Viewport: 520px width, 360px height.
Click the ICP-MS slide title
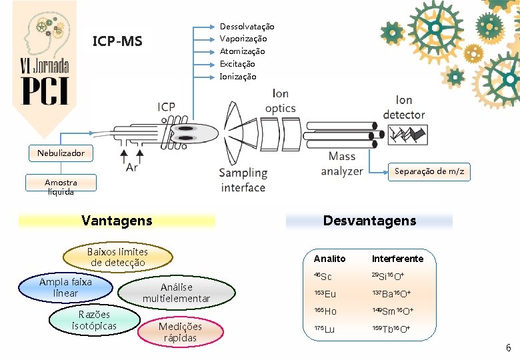point(117,42)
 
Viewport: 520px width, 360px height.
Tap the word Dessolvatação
point(247,26)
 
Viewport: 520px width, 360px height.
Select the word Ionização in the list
point(238,77)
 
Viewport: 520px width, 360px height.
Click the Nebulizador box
point(61,153)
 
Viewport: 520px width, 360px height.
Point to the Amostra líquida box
point(61,187)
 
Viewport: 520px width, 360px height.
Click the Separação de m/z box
point(429,171)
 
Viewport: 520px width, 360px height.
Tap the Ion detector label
point(404,108)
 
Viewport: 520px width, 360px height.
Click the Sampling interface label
point(243,180)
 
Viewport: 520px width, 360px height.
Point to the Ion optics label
point(281,101)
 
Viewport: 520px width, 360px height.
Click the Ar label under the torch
point(132,167)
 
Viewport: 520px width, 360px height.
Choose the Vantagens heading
point(117,221)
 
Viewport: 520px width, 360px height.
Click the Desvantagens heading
point(369,221)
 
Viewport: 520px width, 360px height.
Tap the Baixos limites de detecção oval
point(117,257)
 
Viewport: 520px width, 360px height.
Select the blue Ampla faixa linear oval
point(65,287)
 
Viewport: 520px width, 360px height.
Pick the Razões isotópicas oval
point(94,320)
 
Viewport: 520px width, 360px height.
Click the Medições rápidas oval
point(180,331)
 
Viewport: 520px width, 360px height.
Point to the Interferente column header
point(397,259)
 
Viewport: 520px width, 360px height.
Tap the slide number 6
point(508,348)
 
